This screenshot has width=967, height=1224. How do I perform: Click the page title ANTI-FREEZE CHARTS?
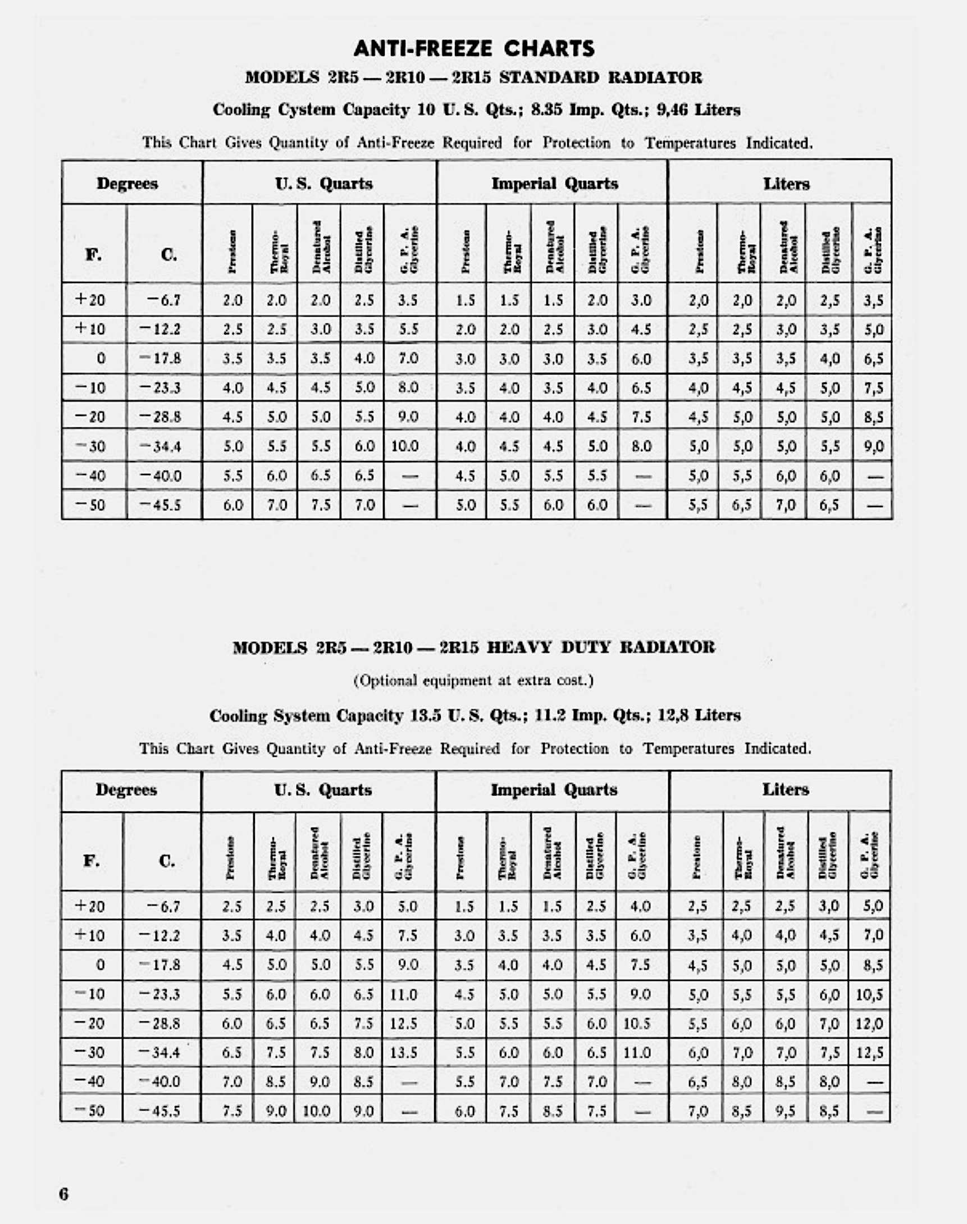(x=474, y=49)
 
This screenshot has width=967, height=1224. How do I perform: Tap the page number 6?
(x=63, y=1194)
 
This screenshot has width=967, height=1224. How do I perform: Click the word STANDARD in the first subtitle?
(x=549, y=77)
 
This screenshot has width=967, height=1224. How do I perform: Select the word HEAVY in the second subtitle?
(x=519, y=647)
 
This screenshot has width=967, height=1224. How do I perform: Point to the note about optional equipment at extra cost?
(x=473, y=680)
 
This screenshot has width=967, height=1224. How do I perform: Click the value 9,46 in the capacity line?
(x=672, y=109)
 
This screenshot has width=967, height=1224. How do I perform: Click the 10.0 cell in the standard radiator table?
(x=404, y=446)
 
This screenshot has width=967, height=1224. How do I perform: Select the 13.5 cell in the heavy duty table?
(x=404, y=1052)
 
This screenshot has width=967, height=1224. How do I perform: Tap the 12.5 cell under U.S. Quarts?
(x=404, y=1024)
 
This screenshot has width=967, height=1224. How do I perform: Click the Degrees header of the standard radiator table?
(x=127, y=184)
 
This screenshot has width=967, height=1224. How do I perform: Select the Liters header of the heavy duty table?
(x=785, y=790)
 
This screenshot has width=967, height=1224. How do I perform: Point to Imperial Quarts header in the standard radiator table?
(x=554, y=184)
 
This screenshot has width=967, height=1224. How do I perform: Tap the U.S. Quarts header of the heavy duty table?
(x=323, y=790)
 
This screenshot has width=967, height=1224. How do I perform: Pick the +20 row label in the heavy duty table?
(x=90, y=906)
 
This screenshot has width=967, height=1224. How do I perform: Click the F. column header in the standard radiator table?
(x=94, y=254)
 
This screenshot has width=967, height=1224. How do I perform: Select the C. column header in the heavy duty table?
(x=166, y=861)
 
